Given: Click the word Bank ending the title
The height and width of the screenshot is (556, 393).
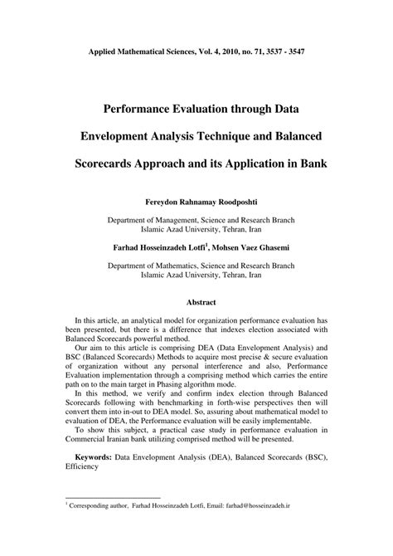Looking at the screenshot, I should tap(312, 162).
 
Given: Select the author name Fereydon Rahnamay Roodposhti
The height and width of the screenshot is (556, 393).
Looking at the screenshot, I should tap(196, 201).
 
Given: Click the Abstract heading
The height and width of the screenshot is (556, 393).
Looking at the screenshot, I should tap(196, 304).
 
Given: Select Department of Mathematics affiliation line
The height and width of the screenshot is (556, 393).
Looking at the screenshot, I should tap(196, 266).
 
